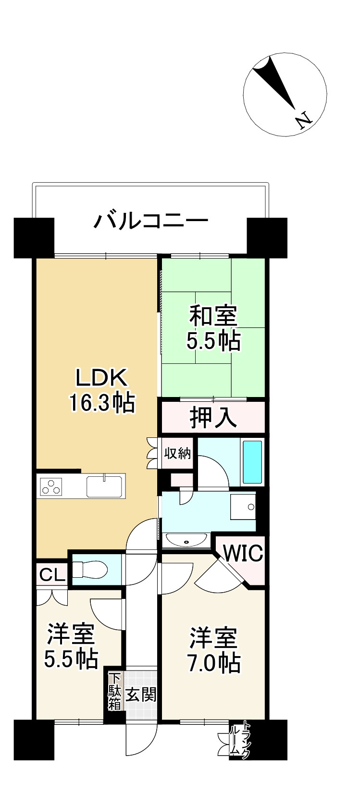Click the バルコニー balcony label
pos(151,221)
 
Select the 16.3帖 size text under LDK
pos(101,403)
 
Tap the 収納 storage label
pos(178,453)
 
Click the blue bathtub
pos(252,461)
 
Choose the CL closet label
pos(52,575)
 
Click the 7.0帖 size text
pos(213,664)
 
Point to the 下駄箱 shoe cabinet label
pos(114,692)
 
